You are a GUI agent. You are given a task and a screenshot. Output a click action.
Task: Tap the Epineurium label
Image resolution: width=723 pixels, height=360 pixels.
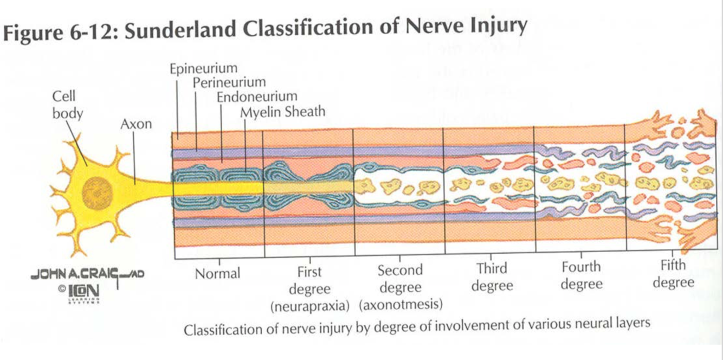pyautogui.click(x=203, y=69)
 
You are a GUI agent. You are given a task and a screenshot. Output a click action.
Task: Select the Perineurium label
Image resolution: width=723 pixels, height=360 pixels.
pyautogui.click(x=229, y=82)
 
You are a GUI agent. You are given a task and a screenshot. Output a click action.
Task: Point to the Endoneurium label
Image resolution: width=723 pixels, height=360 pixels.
pyautogui.click(x=257, y=97)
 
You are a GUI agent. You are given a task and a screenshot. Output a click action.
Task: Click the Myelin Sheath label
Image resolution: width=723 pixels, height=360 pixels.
pyautogui.click(x=282, y=112)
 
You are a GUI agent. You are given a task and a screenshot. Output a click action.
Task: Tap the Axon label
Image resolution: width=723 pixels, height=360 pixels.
pyautogui.click(x=136, y=124)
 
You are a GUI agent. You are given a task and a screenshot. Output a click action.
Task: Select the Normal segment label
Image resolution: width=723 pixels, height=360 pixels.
pyautogui.click(x=217, y=273)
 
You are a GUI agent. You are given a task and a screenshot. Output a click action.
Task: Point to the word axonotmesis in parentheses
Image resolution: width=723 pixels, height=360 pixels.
pyautogui.click(x=401, y=304)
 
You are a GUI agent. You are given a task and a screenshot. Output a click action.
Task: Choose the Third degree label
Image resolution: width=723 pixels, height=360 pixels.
pyautogui.click(x=492, y=277)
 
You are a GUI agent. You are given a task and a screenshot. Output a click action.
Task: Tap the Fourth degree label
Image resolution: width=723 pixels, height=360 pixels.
pyautogui.click(x=581, y=275)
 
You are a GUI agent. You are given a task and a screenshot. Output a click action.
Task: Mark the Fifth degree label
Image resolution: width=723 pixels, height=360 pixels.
pyautogui.click(x=673, y=274)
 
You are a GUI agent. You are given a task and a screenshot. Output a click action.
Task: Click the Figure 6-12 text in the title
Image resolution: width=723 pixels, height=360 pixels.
pyautogui.click(x=60, y=34)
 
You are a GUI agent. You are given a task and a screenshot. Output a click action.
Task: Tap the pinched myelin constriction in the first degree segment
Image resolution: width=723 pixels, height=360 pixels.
pyautogui.click(x=309, y=185)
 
